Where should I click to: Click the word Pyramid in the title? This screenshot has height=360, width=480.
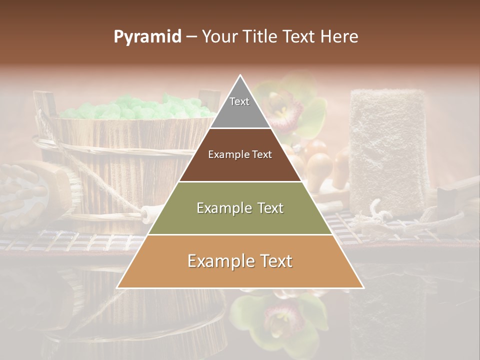point(147,37)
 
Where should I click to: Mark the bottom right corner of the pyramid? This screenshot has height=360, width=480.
point(363,287)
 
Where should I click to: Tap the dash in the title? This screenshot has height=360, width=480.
point(191,37)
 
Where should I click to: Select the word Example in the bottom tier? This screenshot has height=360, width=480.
point(218,261)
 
